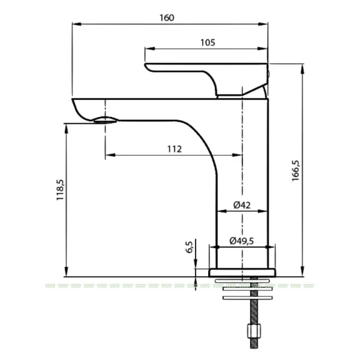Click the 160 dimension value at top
click(x=167, y=17)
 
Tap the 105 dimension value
click(x=208, y=42)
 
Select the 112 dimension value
click(x=175, y=149)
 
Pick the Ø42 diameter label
click(x=241, y=205)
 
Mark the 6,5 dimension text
click(x=190, y=247)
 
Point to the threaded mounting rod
click(x=253, y=312)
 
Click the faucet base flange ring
click(x=242, y=272)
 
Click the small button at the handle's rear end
click(x=268, y=73)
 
